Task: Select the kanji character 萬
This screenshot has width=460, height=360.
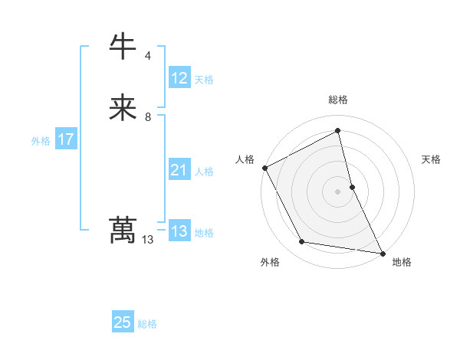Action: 123,231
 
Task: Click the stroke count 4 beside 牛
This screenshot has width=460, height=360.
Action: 148,55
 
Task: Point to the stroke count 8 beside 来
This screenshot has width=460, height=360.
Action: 148,117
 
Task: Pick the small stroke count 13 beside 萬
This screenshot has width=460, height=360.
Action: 148,240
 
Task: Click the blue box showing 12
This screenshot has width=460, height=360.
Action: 179,78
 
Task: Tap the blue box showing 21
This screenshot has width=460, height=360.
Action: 179,171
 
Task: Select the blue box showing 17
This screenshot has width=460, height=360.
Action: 66,140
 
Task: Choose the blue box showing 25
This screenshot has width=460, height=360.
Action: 123,322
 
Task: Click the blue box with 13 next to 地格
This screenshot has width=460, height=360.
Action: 179,232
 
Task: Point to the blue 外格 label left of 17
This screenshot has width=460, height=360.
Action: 41,141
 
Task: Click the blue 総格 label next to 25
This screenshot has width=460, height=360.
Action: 147,324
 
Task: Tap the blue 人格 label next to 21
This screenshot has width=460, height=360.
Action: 204,172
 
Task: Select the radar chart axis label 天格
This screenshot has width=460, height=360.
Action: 432,159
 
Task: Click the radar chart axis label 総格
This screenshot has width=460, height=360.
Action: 338,100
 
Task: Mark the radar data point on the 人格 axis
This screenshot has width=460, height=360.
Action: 265,168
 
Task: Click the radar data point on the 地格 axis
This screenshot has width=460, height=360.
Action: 383,253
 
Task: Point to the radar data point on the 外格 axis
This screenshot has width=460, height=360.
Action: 302,242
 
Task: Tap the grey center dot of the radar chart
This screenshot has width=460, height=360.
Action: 338,191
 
